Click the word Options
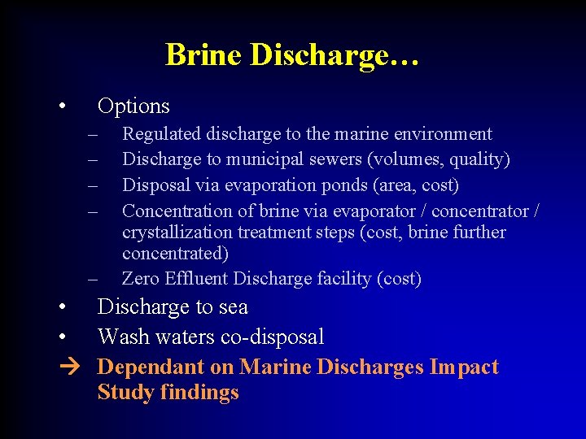click(x=133, y=106)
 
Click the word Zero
click(x=140, y=279)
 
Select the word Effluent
click(x=195, y=279)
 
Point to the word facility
click(x=343, y=279)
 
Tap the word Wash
click(x=119, y=337)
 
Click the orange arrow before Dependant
click(x=68, y=367)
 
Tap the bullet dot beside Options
click(x=62, y=106)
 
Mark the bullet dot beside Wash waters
click(x=62, y=337)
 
